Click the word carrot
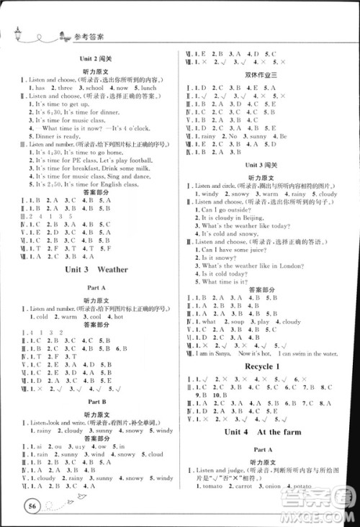tap(246, 488)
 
